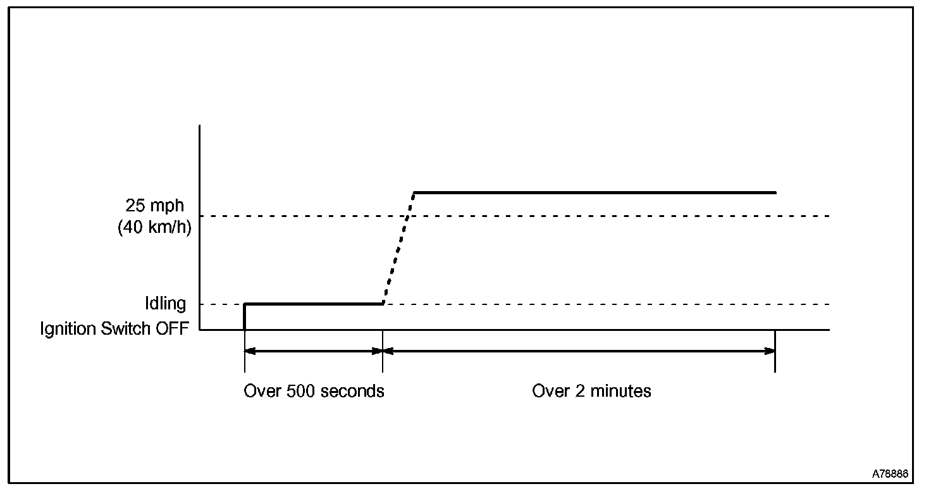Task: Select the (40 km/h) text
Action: tap(154, 228)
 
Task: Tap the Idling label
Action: tap(165, 304)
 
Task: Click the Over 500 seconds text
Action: tap(314, 391)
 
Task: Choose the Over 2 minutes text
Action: tap(591, 391)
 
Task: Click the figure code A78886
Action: tap(891, 474)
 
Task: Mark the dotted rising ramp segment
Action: tap(398, 248)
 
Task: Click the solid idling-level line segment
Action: tap(314, 304)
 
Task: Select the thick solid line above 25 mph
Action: tap(595, 192)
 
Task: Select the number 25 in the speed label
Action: tap(135, 206)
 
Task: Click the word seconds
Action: tap(352, 391)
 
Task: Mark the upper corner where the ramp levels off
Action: tap(414, 192)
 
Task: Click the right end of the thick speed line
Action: tap(775, 192)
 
